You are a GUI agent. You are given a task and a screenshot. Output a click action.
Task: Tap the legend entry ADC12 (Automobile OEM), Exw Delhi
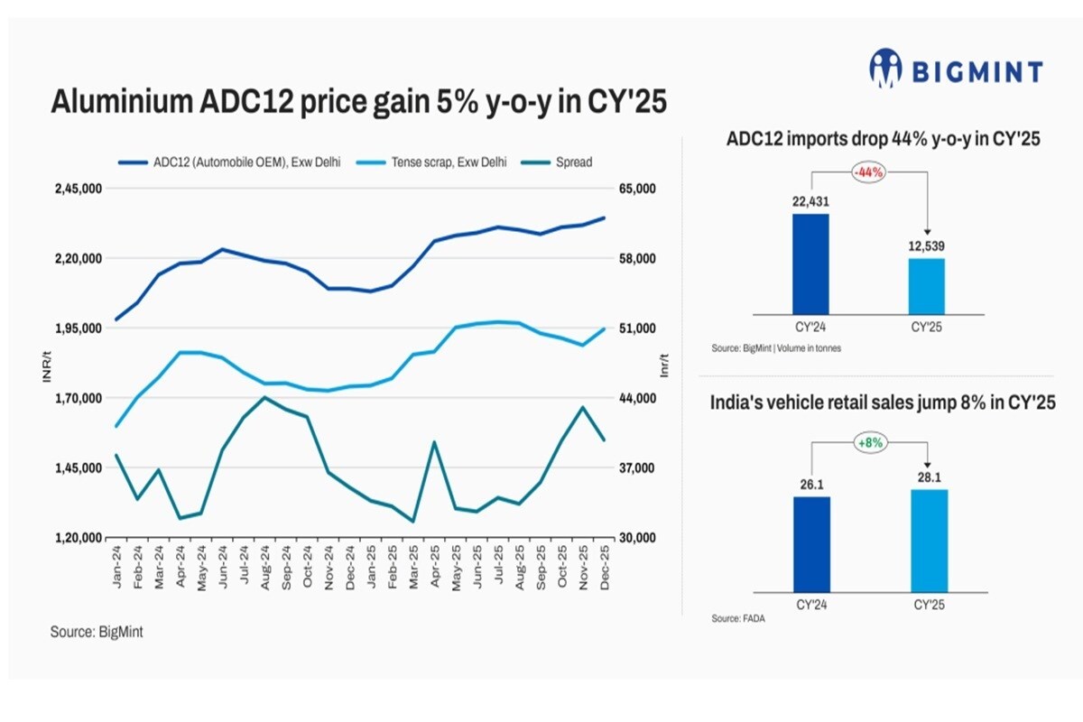click(231, 162)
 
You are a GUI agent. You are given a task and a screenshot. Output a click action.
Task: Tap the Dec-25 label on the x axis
click(603, 569)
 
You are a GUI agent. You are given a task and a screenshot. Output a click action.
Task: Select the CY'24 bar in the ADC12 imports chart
click(810, 264)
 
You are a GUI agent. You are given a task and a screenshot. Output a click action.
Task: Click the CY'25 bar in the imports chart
click(926, 286)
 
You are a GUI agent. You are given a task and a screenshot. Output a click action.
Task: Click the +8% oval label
click(869, 442)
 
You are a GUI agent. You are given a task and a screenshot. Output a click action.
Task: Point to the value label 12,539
click(926, 246)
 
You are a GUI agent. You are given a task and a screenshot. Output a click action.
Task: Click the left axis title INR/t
click(47, 369)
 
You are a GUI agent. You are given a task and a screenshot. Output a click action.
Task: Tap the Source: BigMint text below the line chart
click(97, 633)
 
